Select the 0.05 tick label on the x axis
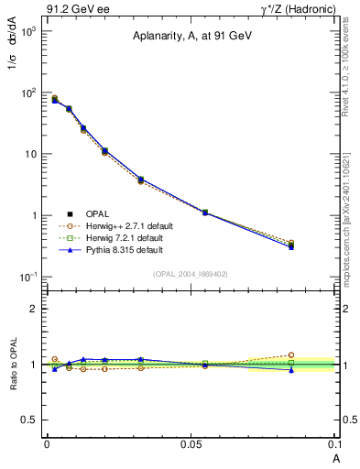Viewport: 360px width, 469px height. (191, 443)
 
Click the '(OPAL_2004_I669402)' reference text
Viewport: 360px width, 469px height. (192, 272)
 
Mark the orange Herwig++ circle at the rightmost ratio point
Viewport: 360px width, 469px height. (291, 354)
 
